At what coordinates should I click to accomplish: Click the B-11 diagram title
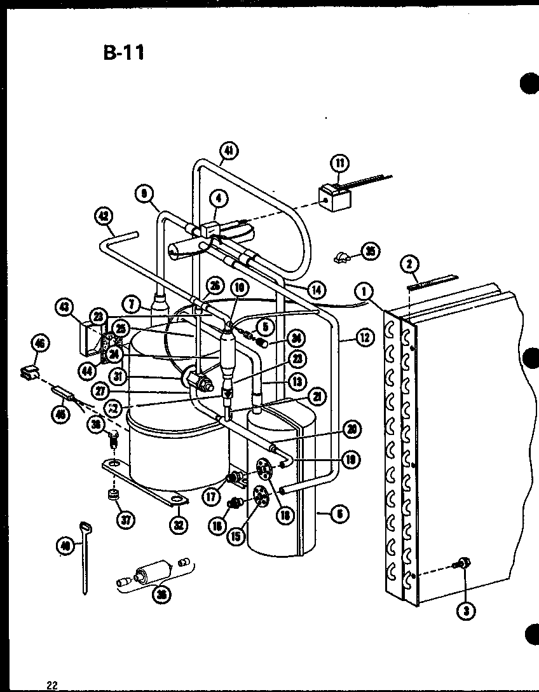point(124,52)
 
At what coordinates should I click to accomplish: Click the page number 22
point(51,685)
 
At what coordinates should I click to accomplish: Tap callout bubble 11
point(340,163)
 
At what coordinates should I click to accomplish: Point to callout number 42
point(102,216)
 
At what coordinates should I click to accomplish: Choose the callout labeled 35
point(370,251)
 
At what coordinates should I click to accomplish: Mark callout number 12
point(364,338)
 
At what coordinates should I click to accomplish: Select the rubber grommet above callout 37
point(114,495)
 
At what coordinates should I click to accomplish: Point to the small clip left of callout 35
point(341,257)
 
